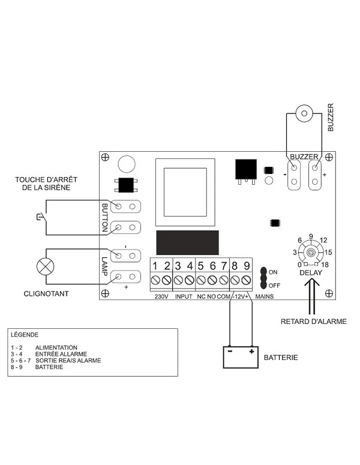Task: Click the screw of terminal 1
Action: pyautogui.click(x=156, y=280)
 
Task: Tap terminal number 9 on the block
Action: pyautogui.click(x=247, y=266)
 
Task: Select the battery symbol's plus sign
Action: pyautogui.click(x=251, y=352)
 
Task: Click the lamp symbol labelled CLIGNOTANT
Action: pyautogui.click(x=46, y=266)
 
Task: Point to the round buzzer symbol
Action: pyautogui.click(x=304, y=113)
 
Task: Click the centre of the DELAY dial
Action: pyautogui.click(x=311, y=253)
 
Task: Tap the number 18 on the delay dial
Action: pyautogui.click(x=325, y=265)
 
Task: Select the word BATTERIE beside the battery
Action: pyautogui.click(x=281, y=358)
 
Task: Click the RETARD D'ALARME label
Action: pyautogui.click(x=313, y=322)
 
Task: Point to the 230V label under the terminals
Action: pyautogui.click(x=161, y=296)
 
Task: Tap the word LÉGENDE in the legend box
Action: pyautogui.click(x=25, y=335)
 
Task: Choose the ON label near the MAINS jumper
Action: pyautogui.click(x=273, y=272)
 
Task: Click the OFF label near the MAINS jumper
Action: pyautogui.click(x=274, y=286)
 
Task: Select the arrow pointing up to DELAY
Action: pyautogui.click(x=312, y=296)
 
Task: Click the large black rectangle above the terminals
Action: pyautogui.click(x=187, y=242)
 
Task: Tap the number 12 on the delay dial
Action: pyautogui.click(x=323, y=240)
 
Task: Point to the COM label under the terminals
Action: pyautogui.click(x=223, y=296)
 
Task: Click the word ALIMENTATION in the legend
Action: pyautogui.click(x=56, y=347)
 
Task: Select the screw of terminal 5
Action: pyautogui.click(x=201, y=280)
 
